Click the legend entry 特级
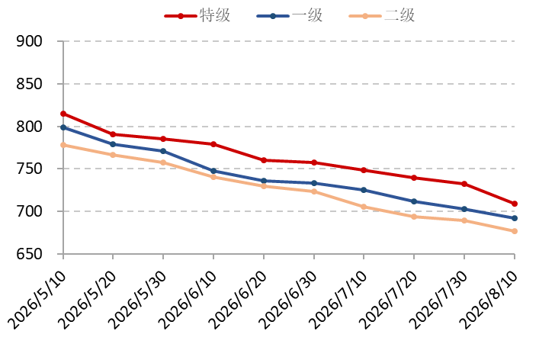click(197, 16)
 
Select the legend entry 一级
click(290, 16)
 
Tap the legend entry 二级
click(382, 16)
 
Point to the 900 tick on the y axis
click(29, 41)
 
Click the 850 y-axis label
click(29, 84)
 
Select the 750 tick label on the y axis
click(29, 169)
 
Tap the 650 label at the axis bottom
click(29, 254)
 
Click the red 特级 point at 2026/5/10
click(63, 114)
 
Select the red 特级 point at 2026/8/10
click(515, 204)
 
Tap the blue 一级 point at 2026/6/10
click(213, 171)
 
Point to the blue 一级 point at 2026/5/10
click(63, 127)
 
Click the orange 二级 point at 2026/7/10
click(364, 207)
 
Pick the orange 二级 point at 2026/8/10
click(515, 231)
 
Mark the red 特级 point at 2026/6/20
click(264, 160)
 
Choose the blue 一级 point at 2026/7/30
click(464, 209)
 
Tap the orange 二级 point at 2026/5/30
click(163, 162)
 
